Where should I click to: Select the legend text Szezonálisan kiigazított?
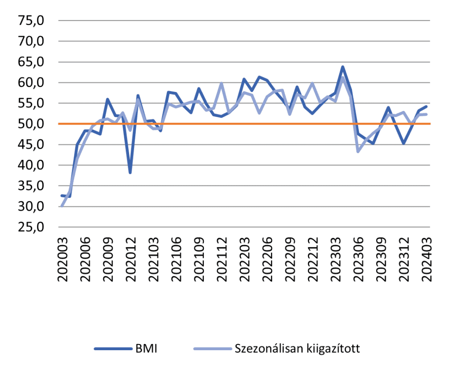click(298, 349)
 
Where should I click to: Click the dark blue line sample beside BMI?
click(112, 349)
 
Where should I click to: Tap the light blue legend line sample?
click(213, 349)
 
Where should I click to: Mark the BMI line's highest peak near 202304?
click(343, 67)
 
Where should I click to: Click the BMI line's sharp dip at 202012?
click(130, 172)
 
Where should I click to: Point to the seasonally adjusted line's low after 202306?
click(358, 151)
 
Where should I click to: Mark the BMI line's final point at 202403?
click(426, 106)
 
